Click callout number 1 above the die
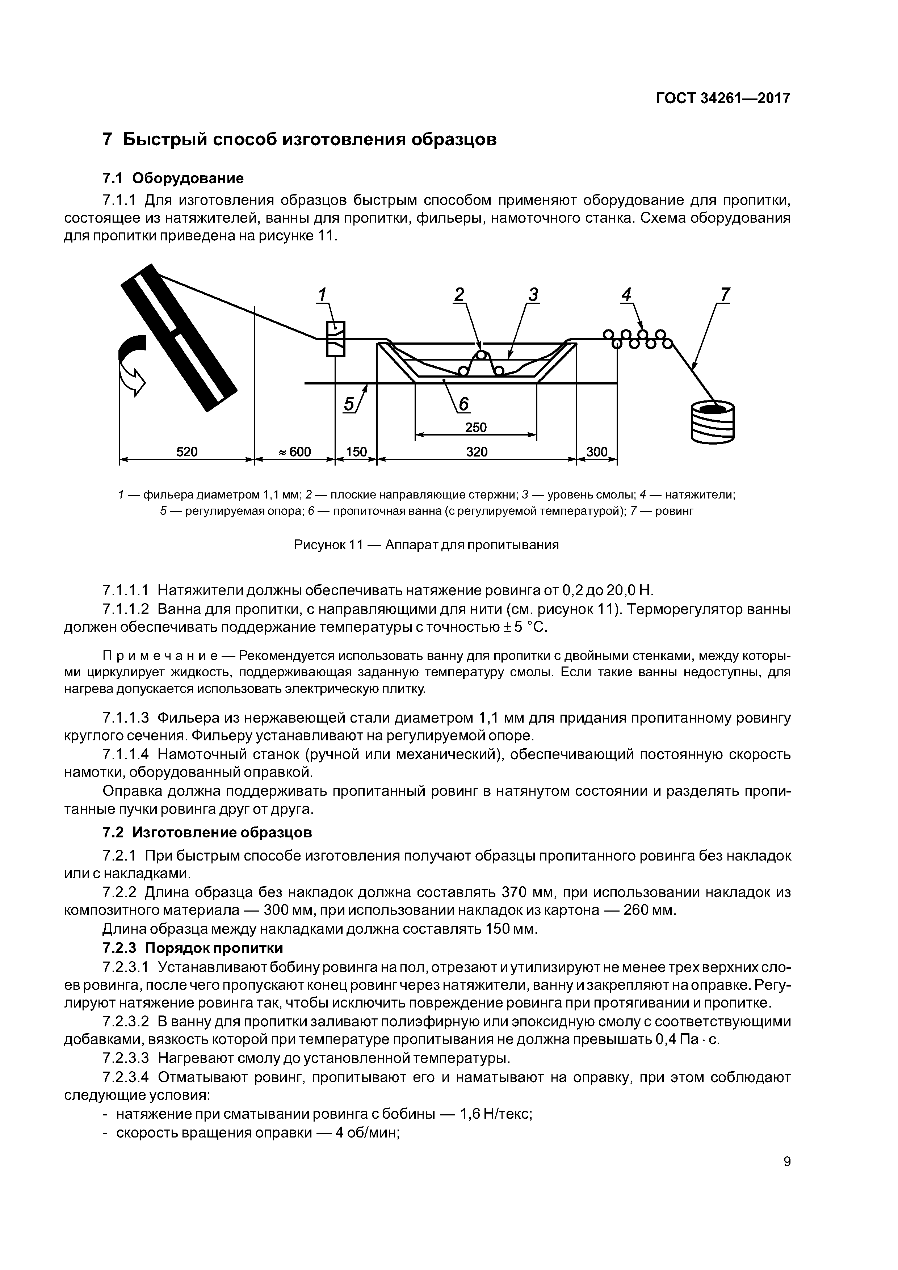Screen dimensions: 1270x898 (x=322, y=295)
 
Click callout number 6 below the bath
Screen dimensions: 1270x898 (x=463, y=404)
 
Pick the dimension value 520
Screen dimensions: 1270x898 (x=186, y=452)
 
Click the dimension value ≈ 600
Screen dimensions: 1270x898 (x=294, y=452)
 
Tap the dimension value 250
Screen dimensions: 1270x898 (x=476, y=428)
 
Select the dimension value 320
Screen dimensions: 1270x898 (x=477, y=452)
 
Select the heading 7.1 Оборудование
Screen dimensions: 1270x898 (x=173, y=178)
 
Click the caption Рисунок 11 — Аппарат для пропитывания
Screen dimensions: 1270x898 (x=426, y=545)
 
